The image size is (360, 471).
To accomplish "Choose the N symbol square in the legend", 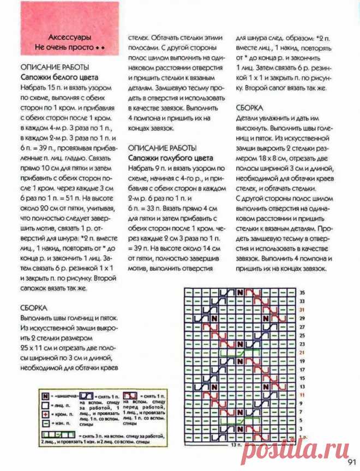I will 45,394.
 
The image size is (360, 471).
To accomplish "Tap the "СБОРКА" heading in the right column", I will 250,108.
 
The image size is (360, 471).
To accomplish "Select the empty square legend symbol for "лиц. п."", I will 45,404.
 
